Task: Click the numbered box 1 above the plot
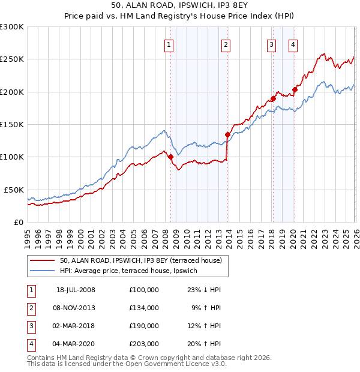169,44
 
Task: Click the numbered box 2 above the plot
226,44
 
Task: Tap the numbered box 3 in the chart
271,44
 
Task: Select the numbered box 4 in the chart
293,44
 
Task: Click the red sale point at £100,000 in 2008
170,157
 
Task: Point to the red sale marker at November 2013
227,135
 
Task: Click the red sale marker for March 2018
273,98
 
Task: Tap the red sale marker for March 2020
295,90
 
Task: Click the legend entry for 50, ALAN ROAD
141,260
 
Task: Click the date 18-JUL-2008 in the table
76,290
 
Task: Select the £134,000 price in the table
143,308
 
